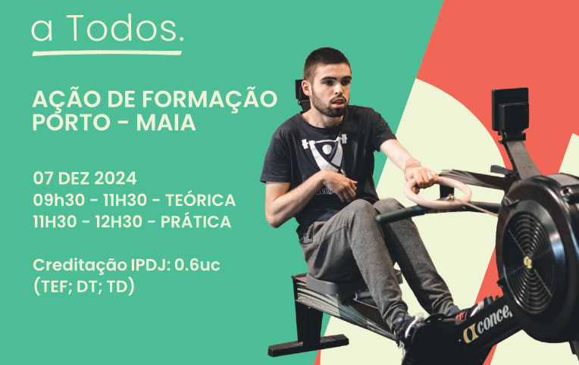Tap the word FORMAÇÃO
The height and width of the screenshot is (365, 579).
pyautogui.click(x=210, y=99)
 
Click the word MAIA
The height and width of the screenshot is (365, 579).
pyautogui.click(x=166, y=123)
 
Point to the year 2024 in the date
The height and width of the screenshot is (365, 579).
pyautogui.click(x=115, y=179)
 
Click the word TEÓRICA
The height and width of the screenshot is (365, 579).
pyautogui.click(x=200, y=200)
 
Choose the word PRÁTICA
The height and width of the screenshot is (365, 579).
pyautogui.click(x=196, y=222)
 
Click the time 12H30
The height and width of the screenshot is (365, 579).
pyautogui.click(x=118, y=222)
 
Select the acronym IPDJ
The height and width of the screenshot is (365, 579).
pyautogui.click(x=151, y=265)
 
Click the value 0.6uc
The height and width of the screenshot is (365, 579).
pyautogui.click(x=197, y=265)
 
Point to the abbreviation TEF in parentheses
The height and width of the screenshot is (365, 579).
pyautogui.click(x=51, y=287)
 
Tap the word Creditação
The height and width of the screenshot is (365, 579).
pyautogui.click(x=80, y=266)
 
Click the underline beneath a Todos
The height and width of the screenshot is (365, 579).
pyautogui.click(x=107, y=53)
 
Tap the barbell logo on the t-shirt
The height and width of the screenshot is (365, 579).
pyautogui.click(x=325, y=152)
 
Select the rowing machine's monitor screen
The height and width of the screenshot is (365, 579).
pyautogui.click(x=510, y=109)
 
